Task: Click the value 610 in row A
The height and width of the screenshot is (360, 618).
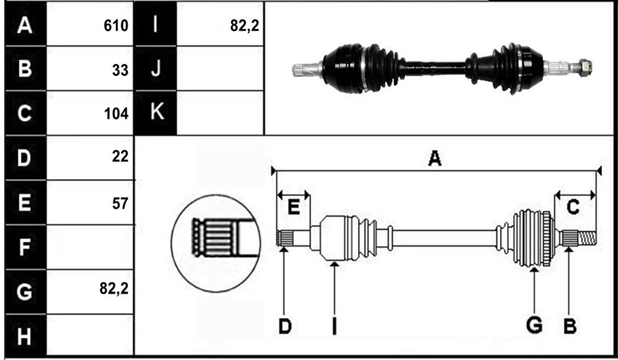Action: [x=116, y=26]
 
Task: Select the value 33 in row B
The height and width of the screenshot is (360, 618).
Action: [x=120, y=70]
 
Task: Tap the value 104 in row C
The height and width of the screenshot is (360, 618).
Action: [x=116, y=114]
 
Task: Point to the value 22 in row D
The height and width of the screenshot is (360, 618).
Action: [x=120, y=156]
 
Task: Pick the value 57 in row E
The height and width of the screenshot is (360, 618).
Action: [x=120, y=204]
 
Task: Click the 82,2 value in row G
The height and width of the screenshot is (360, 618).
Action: [x=114, y=289]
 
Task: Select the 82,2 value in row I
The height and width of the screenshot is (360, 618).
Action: [x=245, y=26]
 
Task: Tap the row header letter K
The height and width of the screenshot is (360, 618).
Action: [x=157, y=112]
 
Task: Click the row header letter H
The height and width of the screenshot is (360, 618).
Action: [x=24, y=337]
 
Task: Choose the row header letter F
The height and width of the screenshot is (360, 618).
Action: [x=24, y=247]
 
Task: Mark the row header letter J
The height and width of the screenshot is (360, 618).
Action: [x=156, y=68]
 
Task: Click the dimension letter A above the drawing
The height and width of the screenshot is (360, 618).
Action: [x=434, y=158]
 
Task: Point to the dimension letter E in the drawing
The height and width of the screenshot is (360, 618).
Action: [x=294, y=207]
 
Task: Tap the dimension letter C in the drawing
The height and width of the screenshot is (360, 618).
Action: [x=573, y=207]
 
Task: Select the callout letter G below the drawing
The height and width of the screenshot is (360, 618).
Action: [x=535, y=325]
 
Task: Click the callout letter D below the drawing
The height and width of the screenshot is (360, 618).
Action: [x=285, y=326]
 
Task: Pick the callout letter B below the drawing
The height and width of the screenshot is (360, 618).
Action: [x=570, y=326]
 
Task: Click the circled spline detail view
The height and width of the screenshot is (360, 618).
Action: [x=216, y=243]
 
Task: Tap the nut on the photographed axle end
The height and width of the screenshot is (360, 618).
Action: [x=585, y=67]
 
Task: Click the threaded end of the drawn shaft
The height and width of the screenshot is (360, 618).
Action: [x=587, y=238]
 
